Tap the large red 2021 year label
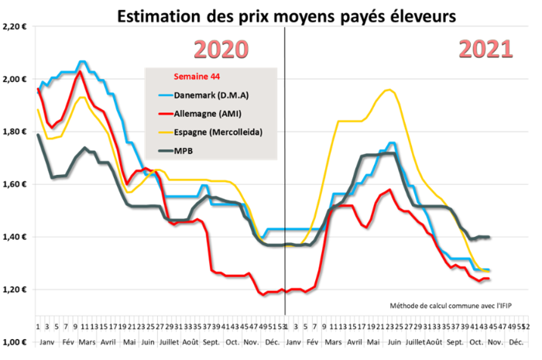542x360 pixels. [485, 50]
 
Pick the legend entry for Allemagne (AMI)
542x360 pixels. [203, 114]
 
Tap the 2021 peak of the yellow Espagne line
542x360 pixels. [389, 90]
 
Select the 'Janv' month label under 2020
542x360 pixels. [46, 341]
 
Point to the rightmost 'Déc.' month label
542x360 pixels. [515, 341]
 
